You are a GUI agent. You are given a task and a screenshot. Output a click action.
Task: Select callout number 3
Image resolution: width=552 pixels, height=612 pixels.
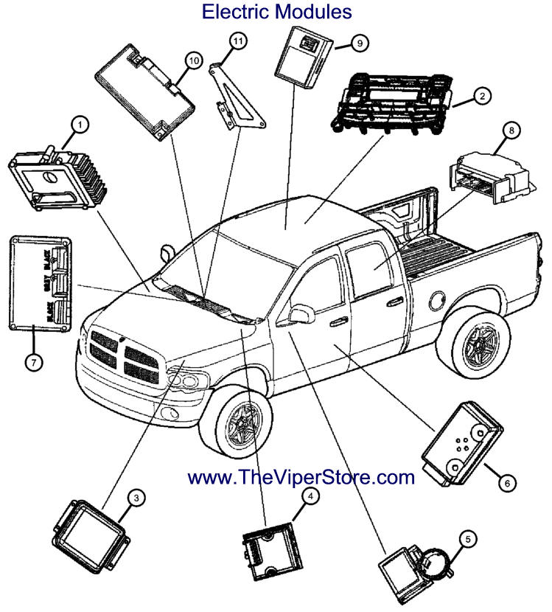click(x=136, y=498)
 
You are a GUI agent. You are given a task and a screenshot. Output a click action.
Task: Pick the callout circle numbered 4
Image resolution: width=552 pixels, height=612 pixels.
click(x=312, y=497)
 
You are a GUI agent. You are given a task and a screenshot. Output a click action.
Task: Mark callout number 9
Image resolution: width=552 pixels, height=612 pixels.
click(x=359, y=44)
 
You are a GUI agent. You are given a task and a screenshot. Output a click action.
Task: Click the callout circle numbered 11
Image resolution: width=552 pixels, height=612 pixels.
click(x=237, y=42)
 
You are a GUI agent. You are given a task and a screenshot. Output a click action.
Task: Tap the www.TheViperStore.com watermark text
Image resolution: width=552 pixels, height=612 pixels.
click(x=301, y=477)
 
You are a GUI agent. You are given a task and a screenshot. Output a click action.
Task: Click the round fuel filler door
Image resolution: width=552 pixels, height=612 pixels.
click(x=438, y=300)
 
